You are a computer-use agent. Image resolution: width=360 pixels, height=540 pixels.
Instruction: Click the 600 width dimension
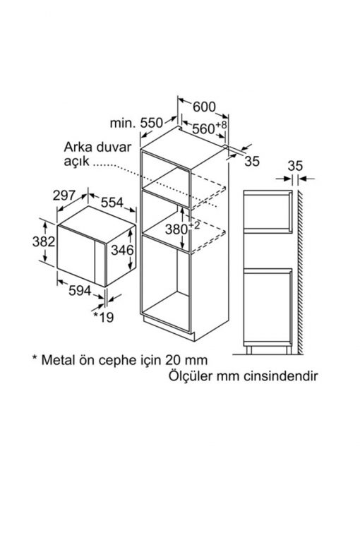coord(204,107)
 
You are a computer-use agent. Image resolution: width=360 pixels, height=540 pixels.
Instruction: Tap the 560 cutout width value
coord(210,128)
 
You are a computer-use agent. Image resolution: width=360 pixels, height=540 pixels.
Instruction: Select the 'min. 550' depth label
coord(136,123)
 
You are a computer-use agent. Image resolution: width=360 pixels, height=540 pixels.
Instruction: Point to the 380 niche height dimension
coord(182,228)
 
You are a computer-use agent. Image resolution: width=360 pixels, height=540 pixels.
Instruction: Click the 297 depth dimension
coord(64,196)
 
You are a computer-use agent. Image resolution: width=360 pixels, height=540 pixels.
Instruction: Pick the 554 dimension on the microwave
coord(112,203)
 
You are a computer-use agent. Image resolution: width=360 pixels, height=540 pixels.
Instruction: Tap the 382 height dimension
coord(44,241)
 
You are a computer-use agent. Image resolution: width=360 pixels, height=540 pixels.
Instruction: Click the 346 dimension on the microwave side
coord(122,250)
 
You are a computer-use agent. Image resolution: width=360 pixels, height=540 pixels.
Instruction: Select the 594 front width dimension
coord(80,291)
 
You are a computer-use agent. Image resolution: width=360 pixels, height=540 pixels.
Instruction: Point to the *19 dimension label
coord(104,317)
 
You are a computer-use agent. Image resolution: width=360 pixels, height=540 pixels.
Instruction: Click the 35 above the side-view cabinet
coord(295,166)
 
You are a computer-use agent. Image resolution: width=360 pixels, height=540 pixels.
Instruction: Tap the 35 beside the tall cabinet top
coord(252,161)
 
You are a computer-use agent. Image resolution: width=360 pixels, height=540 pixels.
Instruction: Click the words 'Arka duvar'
coord(97,147)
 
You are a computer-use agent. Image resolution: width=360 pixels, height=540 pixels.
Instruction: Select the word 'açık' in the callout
coord(76,162)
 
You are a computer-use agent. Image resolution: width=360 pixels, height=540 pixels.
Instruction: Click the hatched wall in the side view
coord(301,272)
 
